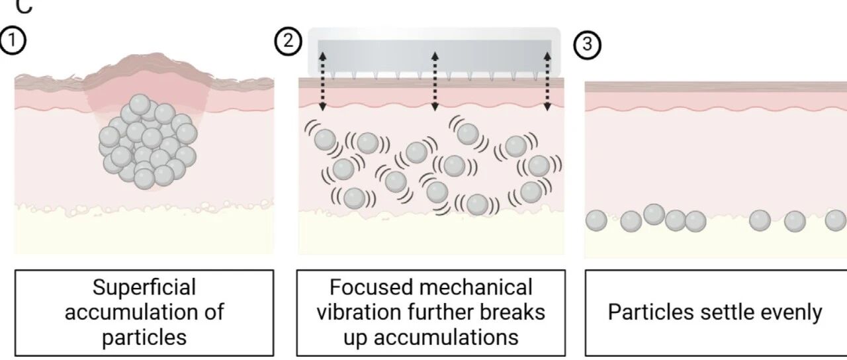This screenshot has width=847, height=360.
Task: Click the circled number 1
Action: click(x=13, y=40)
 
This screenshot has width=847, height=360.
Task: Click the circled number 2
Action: click(x=288, y=41)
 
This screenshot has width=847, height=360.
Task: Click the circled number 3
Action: click(x=587, y=44)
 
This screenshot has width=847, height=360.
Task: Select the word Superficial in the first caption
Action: click(x=144, y=288)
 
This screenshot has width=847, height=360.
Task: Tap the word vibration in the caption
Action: click(x=359, y=312)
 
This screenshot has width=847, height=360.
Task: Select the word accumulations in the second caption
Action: click(x=446, y=337)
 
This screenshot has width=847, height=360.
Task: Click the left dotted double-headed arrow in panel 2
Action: click(x=322, y=81)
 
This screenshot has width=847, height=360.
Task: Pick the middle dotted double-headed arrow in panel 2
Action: click(x=435, y=81)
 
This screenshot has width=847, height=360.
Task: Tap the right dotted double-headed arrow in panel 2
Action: click(x=547, y=81)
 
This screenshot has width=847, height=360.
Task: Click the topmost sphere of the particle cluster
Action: click(x=140, y=105)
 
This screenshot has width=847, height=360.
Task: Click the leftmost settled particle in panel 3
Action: click(x=596, y=220)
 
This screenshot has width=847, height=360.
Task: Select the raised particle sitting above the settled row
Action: click(x=654, y=214)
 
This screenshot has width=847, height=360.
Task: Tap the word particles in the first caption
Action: click(x=144, y=338)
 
